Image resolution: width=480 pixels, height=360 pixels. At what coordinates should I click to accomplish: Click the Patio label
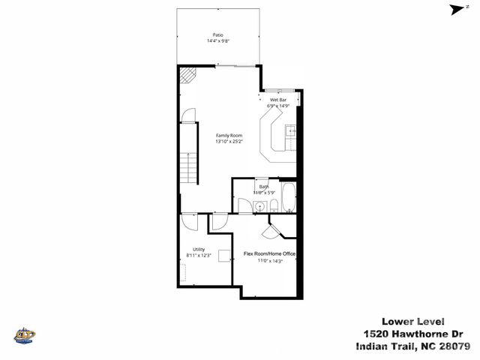(x=217, y=34)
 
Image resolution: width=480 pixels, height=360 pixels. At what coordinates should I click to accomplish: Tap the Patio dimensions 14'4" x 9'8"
(x=217, y=40)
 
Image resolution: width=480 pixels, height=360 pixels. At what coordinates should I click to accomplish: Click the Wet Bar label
(x=278, y=100)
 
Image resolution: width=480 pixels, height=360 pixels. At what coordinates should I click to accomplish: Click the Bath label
(x=262, y=187)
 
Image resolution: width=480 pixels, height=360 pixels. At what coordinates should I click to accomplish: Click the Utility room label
(x=198, y=250)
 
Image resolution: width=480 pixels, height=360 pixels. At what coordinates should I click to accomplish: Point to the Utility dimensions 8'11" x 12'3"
(x=199, y=256)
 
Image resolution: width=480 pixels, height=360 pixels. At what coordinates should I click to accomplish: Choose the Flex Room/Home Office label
(x=270, y=254)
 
